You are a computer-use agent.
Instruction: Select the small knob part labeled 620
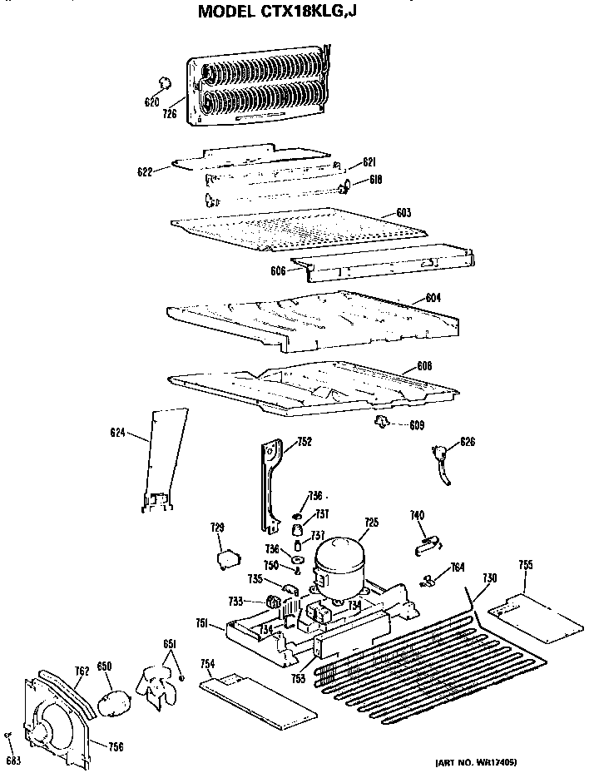[165, 82]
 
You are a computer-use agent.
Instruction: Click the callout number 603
[403, 213]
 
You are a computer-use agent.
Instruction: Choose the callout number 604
[433, 297]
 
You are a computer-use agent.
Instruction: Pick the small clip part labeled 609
[382, 423]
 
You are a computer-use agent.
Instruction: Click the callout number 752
[304, 442]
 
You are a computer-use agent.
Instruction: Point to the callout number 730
[490, 577]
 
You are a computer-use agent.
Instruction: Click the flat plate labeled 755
[535, 616]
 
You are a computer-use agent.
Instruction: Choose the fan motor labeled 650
[111, 701]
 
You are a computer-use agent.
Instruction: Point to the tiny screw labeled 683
[8, 736]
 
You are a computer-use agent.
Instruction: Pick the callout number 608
[424, 366]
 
